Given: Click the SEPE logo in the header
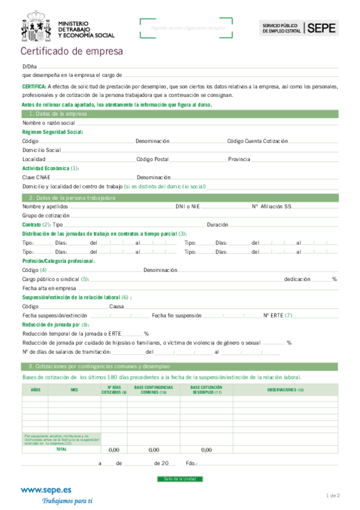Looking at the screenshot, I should [322, 27].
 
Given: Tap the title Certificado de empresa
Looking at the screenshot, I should [72, 52].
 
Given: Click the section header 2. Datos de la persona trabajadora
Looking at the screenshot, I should [72, 198].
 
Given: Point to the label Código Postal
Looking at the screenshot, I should [153, 159].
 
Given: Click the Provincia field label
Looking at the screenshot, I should [239, 159].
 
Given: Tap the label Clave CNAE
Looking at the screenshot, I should [36, 177].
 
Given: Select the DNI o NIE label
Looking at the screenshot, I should [188, 206].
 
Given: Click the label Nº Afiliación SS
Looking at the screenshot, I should [272, 206].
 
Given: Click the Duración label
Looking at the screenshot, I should [217, 224].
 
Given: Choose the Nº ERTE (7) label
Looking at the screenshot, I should [278, 315].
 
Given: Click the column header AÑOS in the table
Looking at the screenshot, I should [35, 390].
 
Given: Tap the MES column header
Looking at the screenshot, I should [74, 390].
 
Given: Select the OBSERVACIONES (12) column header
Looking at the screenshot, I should [285, 390].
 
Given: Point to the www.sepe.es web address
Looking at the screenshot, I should [46, 490].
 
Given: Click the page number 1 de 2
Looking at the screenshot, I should [333, 496].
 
